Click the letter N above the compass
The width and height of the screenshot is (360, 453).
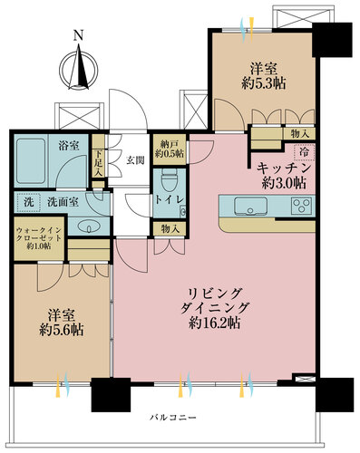(78, 35)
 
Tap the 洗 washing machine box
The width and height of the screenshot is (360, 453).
(28, 200)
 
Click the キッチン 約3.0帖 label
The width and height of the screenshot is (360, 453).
(284, 174)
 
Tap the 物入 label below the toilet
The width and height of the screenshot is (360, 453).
(170, 230)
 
